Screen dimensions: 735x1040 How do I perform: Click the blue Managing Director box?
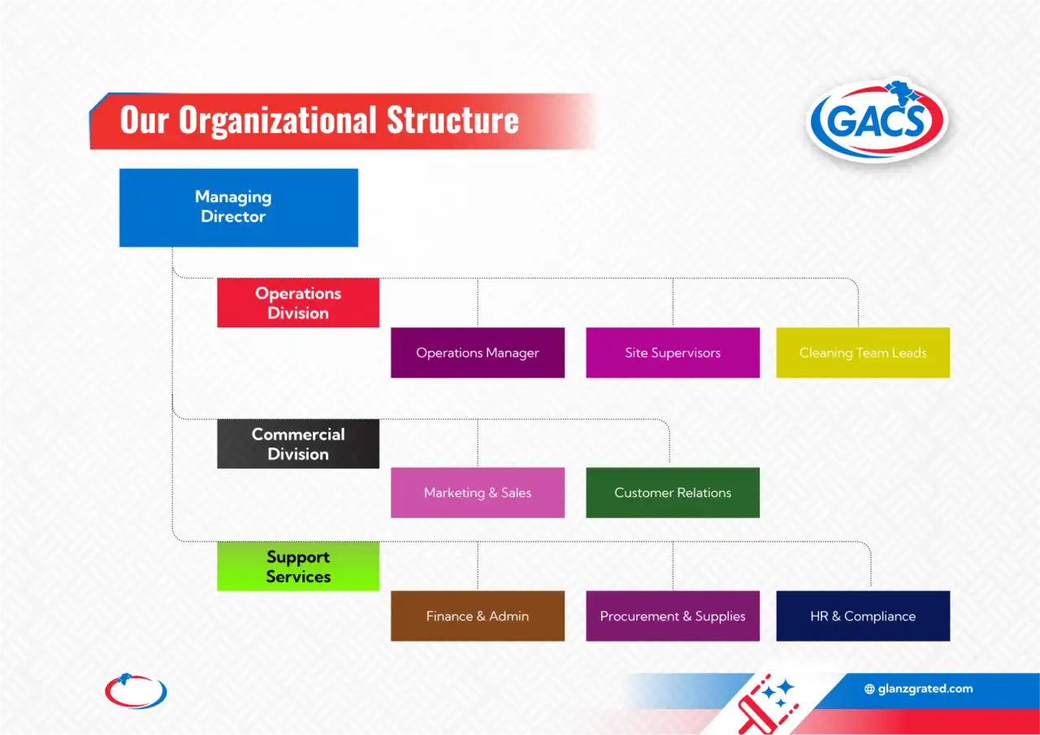tap(238, 207)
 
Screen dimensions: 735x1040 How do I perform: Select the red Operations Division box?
tap(297, 303)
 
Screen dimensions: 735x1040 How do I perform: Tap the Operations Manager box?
tap(477, 352)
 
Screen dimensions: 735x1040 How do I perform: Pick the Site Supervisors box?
tap(672, 352)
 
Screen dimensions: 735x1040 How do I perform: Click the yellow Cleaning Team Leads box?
tap(862, 352)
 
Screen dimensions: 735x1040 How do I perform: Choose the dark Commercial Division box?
tap(297, 443)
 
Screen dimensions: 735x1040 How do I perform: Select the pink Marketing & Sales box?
tap(477, 492)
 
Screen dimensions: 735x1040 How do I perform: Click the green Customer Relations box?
tap(672, 492)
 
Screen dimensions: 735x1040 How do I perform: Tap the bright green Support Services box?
tap(297, 566)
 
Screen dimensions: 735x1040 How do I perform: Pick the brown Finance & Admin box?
tap(477, 616)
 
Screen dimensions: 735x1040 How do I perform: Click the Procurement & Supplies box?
tap(672, 616)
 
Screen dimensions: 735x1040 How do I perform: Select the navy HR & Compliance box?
tap(862, 616)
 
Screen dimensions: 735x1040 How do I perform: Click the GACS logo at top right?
tap(877, 121)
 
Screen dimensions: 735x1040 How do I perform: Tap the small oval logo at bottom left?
tap(136, 691)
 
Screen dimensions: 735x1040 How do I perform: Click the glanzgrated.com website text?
tap(925, 689)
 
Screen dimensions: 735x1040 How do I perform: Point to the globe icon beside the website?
tap(869, 689)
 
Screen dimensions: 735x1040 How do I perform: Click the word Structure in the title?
tap(452, 120)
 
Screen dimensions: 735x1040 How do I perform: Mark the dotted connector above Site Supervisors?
tap(673, 302)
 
